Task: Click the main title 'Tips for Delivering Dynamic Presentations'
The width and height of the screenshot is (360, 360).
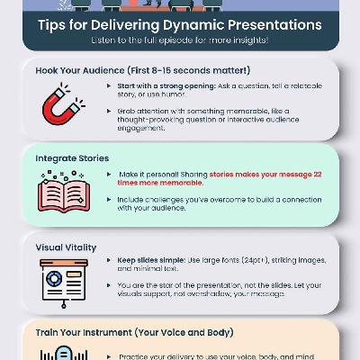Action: click(179, 22)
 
